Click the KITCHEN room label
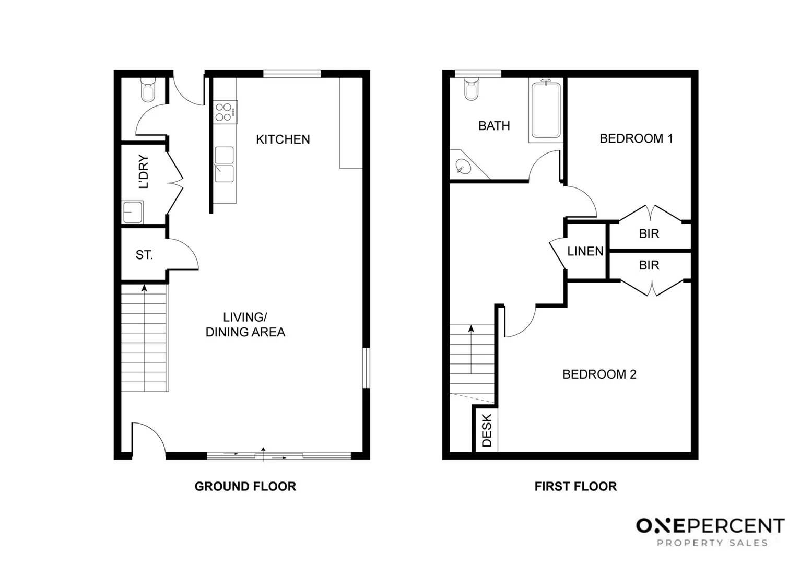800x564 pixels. [x=283, y=139]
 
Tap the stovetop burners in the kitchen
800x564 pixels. [x=223, y=112]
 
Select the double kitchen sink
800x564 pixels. [x=224, y=164]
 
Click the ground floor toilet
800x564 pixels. [x=148, y=91]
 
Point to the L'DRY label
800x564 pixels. [x=144, y=172]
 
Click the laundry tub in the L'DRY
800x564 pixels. [x=133, y=212]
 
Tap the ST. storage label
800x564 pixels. [x=144, y=255]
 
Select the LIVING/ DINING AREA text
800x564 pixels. [x=245, y=324]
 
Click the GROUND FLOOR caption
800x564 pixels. [x=245, y=487]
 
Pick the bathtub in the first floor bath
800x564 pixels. [x=546, y=110]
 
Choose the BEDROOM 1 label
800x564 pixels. [x=636, y=138]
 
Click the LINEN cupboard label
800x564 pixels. [x=585, y=252]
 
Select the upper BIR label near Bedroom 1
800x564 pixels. [x=649, y=234]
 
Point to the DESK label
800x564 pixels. [x=487, y=431]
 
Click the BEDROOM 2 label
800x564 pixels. [x=599, y=374]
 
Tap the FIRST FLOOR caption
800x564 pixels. [x=575, y=487]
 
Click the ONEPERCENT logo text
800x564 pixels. [x=710, y=525]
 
